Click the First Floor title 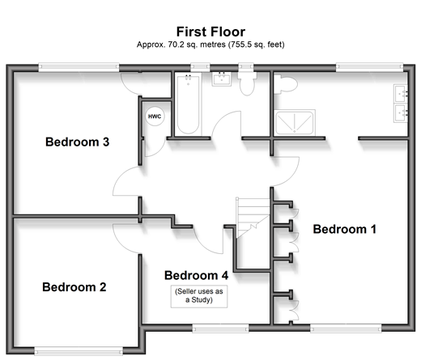[210, 32]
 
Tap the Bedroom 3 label [77, 142]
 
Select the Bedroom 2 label [74, 287]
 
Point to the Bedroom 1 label [344, 229]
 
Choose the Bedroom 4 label [196, 275]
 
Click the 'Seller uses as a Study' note [199, 295]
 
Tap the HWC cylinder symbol [155, 116]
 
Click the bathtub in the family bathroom [188, 104]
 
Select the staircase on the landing [253, 218]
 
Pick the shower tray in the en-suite [295, 122]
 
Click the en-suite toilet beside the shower [286, 84]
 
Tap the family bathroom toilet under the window [247, 83]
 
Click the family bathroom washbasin [222, 79]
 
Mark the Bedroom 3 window [79, 67]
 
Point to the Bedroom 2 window [79, 351]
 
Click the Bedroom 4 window [220, 328]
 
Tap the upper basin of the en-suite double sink [401, 94]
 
